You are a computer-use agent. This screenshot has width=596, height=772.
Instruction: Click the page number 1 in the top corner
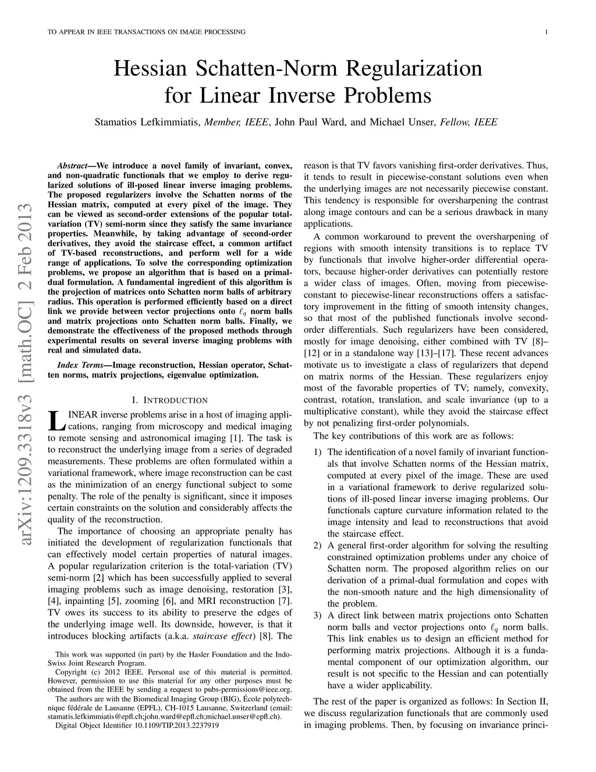click(547, 31)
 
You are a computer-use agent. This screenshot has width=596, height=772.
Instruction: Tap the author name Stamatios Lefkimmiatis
click(148, 122)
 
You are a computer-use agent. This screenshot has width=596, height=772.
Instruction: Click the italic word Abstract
click(72, 166)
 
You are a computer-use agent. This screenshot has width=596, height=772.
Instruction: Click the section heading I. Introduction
click(170, 400)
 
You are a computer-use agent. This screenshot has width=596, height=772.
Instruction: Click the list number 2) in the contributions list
click(317, 545)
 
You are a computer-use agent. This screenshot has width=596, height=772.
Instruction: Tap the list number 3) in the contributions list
click(317, 615)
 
